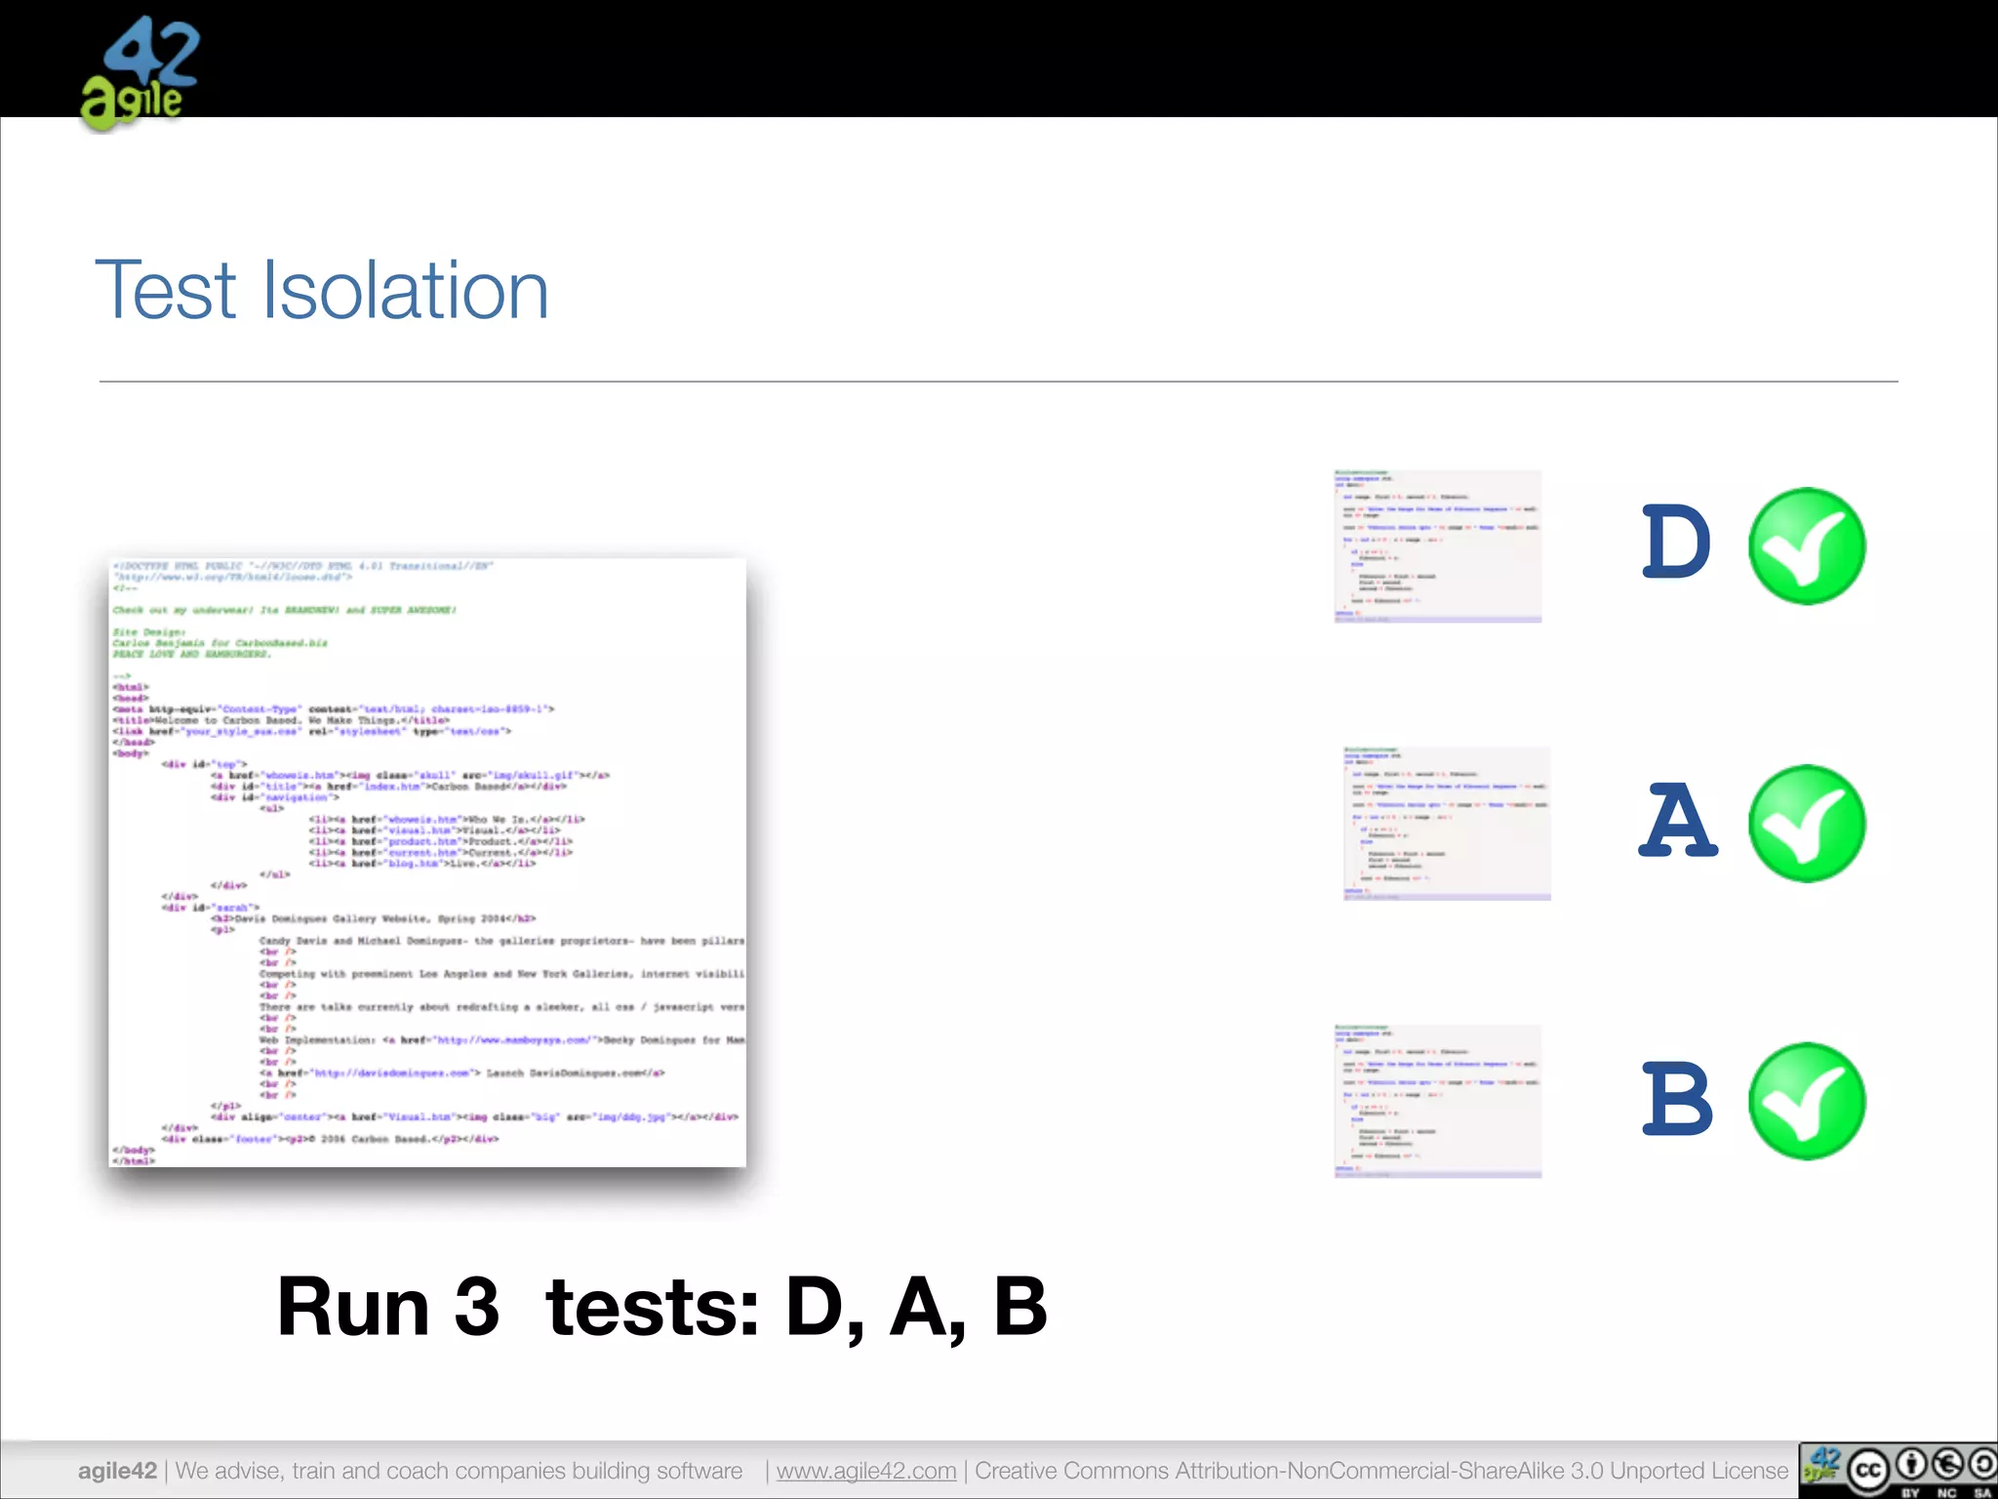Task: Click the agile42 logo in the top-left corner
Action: tap(139, 74)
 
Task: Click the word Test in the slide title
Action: tap(166, 290)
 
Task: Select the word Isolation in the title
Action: tap(405, 290)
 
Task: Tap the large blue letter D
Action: tap(1675, 542)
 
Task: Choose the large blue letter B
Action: tap(1676, 1099)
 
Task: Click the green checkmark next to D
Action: tap(1807, 546)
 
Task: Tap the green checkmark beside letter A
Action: tap(1807, 824)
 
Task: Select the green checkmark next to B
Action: tap(1807, 1101)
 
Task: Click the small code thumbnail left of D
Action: tap(1438, 546)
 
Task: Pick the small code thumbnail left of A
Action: tap(1447, 823)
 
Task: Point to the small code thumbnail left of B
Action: tap(1438, 1101)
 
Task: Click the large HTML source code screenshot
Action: tap(427, 863)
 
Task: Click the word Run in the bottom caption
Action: tap(353, 1308)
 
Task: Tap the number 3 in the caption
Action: tap(477, 1308)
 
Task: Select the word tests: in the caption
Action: tap(653, 1308)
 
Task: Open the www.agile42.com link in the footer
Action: tap(866, 1471)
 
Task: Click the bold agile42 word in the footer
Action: tap(117, 1471)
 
